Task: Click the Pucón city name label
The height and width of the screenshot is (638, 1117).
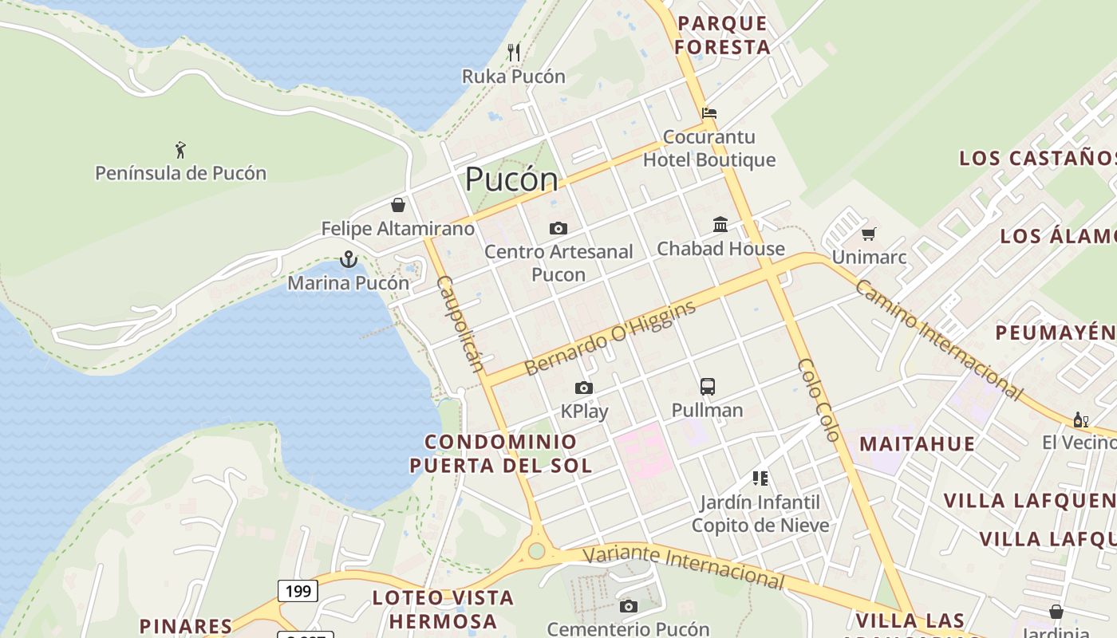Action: (511, 179)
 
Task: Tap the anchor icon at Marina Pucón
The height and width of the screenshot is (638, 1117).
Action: (348, 259)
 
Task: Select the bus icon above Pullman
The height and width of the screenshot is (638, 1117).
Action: (708, 387)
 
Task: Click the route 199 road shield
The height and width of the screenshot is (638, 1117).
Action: (298, 591)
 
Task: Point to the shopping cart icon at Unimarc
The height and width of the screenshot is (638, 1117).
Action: (869, 234)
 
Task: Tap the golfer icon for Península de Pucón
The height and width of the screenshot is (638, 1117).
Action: (180, 149)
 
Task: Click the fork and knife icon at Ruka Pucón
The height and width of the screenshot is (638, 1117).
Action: (514, 53)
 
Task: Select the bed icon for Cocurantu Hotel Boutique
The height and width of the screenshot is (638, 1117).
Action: (709, 112)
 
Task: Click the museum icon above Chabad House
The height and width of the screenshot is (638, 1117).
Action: (720, 224)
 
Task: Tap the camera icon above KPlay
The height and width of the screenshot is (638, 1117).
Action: (584, 388)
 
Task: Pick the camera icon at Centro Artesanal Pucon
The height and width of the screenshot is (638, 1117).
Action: (558, 229)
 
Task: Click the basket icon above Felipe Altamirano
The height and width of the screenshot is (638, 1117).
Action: (398, 205)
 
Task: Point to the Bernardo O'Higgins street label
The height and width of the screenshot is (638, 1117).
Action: (611, 339)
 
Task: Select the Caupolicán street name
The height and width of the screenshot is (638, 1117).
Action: (460, 324)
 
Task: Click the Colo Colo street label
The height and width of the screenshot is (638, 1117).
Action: (819, 400)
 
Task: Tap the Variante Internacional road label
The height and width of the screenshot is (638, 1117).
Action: (683, 567)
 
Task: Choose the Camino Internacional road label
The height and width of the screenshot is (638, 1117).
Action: (938, 338)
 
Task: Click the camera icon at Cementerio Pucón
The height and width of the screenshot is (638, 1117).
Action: (629, 606)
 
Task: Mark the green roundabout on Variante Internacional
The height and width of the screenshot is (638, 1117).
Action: (536, 550)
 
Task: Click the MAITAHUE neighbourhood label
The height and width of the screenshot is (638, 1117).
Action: (917, 443)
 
